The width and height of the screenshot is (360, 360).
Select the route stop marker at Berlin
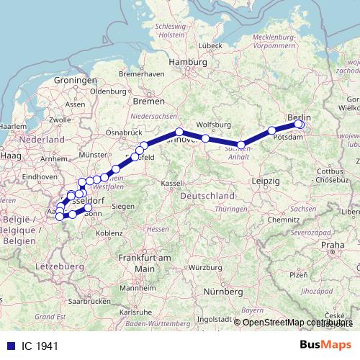[299, 124]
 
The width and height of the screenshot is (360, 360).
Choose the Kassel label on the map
[171, 184]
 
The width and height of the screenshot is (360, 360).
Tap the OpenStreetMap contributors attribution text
[298, 323]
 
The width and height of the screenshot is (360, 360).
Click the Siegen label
[124, 206]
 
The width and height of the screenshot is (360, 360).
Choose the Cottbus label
[327, 171]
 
